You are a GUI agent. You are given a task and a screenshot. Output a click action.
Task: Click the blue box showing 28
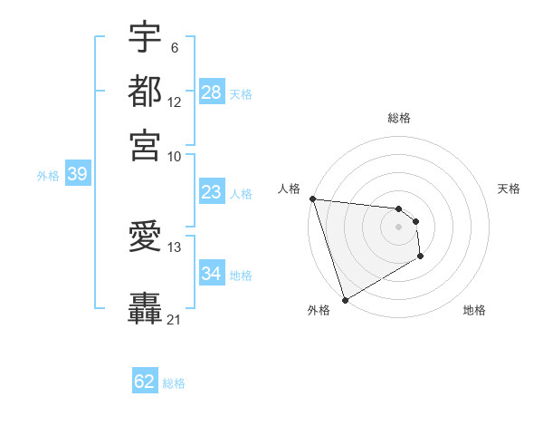pyautogui.click(x=212, y=92)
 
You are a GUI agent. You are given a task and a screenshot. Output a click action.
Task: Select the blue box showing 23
pyautogui.click(x=211, y=192)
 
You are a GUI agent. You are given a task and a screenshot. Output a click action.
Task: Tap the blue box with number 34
pyautogui.click(x=211, y=274)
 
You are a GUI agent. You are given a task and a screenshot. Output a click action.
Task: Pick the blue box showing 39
pyautogui.click(x=77, y=175)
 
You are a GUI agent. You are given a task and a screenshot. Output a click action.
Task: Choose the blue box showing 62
pyautogui.click(x=145, y=382)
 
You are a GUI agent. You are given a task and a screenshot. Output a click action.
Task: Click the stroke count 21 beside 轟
pyautogui.click(x=174, y=319)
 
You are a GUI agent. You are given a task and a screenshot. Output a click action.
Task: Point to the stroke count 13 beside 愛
pyautogui.click(x=175, y=247)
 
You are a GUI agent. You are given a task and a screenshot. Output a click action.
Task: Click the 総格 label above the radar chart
pyautogui.click(x=399, y=118)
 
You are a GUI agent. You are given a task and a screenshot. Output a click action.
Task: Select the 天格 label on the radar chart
pyautogui.click(x=509, y=189)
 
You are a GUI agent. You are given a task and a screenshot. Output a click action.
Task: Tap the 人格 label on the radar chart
pyautogui.click(x=289, y=189)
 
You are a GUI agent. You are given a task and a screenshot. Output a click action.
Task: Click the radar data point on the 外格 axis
pyautogui.click(x=345, y=299)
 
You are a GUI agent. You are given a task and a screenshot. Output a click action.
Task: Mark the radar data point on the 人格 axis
pyautogui.click(x=312, y=198)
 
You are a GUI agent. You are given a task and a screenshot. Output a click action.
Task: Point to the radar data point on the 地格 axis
pyautogui.click(x=421, y=257)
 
